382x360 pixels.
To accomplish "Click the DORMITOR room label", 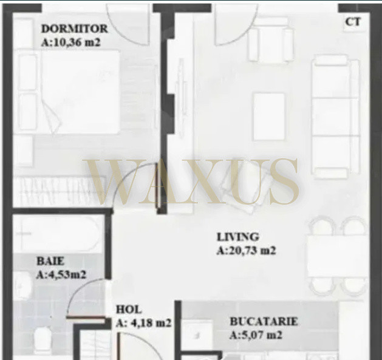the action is [x=74, y=29].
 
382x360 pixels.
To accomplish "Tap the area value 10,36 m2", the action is [x=77, y=42].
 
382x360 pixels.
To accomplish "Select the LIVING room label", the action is [x=238, y=237].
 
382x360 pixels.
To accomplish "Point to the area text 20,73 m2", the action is [x=252, y=251].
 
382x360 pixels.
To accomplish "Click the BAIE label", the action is [x=50, y=262].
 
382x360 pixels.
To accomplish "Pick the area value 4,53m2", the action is [x=66, y=275].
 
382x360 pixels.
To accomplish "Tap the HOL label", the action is [x=128, y=310].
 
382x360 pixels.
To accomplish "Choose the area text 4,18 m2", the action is [x=151, y=323].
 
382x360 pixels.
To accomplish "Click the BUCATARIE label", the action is [x=264, y=322].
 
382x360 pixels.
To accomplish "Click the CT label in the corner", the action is [x=353, y=22].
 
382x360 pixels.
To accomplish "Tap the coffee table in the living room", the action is [x=269, y=117].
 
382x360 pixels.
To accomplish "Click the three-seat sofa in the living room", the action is [x=336, y=117].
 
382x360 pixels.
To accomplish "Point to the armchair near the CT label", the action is [x=270, y=40].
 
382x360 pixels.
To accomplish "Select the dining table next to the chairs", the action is [x=338, y=256].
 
